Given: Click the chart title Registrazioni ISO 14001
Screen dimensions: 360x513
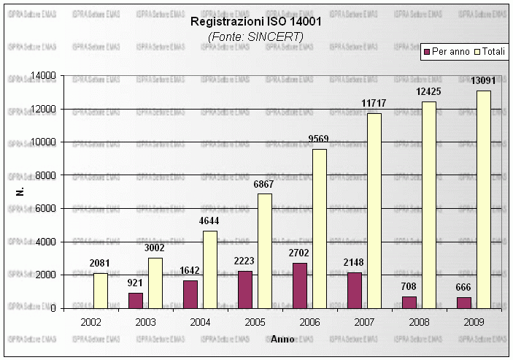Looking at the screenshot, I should click(255, 22).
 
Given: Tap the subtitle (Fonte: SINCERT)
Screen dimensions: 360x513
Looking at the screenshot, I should click(255, 36).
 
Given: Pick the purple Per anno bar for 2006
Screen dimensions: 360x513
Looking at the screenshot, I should click(300, 286).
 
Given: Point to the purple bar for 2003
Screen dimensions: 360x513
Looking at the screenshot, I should click(136, 300).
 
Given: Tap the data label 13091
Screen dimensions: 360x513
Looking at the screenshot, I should click(483, 81).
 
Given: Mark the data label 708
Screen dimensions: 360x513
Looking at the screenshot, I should click(409, 287).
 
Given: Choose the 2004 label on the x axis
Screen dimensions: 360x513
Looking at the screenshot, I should click(200, 321).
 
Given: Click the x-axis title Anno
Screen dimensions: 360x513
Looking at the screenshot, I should click(282, 339).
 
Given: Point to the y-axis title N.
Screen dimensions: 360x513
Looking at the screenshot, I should click(20, 192).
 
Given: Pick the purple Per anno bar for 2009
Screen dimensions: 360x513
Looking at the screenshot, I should click(464, 302).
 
